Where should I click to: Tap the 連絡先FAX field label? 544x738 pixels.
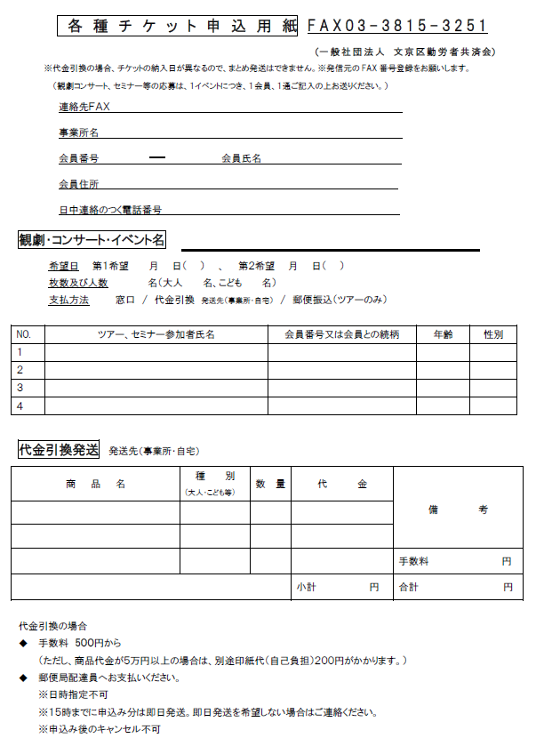pyautogui.click(x=84, y=107)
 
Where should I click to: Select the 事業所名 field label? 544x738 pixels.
pyautogui.click(x=78, y=132)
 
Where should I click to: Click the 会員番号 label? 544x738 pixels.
pyautogui.click(x=78, y=158)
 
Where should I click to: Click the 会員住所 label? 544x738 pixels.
pyautogui.click(x=78, y=184)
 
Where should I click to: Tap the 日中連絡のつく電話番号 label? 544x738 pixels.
pyautogui.click(x=110, y=210)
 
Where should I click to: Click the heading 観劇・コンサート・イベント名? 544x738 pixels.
pyautogui.click(x=92, y=240)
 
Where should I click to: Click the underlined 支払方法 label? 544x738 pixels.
pyautogui.click(x=68, y=300)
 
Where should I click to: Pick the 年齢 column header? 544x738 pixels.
pyautogui.click(x=443, y=334)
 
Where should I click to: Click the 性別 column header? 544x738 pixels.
pyautogui.click(x=493, y=334)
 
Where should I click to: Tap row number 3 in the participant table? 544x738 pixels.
pyautogui.click(x=20, y=388)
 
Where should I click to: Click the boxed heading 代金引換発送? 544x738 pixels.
pyautogui.click(x=59, y=450)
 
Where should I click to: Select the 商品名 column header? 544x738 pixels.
pyautogui.click(x=95, y=485)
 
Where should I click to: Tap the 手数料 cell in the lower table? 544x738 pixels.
pyautogui.click(x=413, y=562)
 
